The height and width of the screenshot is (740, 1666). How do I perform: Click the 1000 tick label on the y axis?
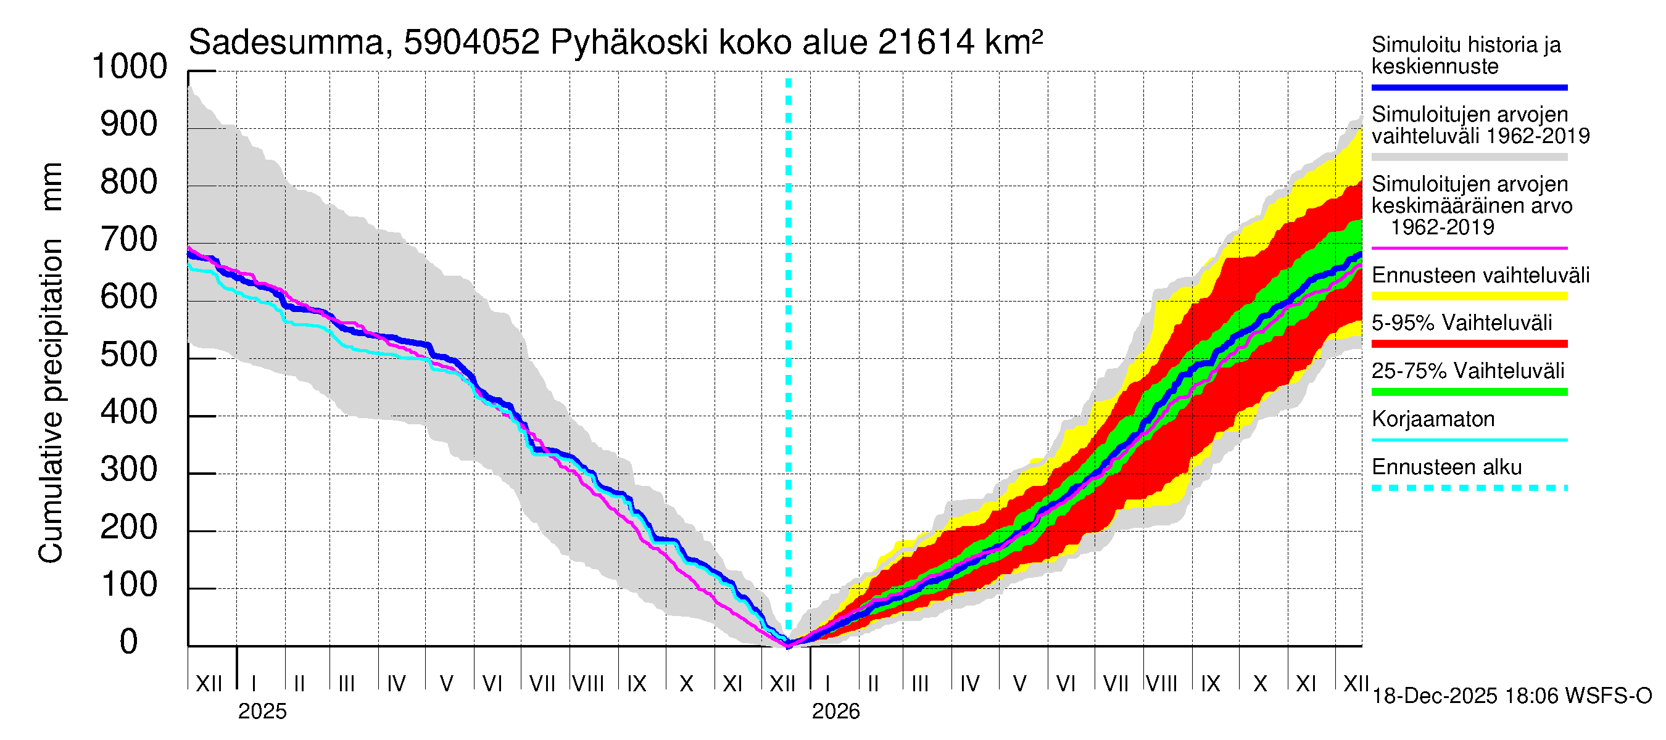pos(130,67)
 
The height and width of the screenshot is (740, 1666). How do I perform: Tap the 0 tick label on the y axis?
pos(129,642)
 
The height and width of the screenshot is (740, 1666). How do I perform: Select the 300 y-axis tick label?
pos(130,470)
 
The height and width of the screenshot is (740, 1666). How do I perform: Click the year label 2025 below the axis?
pos(262,712)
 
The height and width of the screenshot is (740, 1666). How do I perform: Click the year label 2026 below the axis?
pos(835,712)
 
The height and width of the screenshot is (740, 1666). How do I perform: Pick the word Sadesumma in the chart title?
pos(285,43)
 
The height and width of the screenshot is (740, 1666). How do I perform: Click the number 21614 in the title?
pos(926,43)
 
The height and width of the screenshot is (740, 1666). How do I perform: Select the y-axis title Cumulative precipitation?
pos(51,401)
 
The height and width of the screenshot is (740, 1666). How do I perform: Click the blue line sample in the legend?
pos(1469,87)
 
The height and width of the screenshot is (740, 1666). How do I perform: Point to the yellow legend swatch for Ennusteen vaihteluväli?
pos(1469,297)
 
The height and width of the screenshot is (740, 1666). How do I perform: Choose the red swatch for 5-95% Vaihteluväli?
pos(1469,345)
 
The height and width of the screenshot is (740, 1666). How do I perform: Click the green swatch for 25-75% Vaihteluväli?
pos(1469,392)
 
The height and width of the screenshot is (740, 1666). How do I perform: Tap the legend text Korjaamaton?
pos(1433,419)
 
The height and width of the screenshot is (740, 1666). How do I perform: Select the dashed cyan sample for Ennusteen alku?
pos(1469,488)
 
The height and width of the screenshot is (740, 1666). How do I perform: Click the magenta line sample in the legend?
pos(1469,248)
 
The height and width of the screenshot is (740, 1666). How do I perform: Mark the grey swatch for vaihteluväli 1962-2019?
pos(1469,157)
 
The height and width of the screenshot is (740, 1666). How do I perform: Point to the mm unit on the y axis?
pos(52,186)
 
